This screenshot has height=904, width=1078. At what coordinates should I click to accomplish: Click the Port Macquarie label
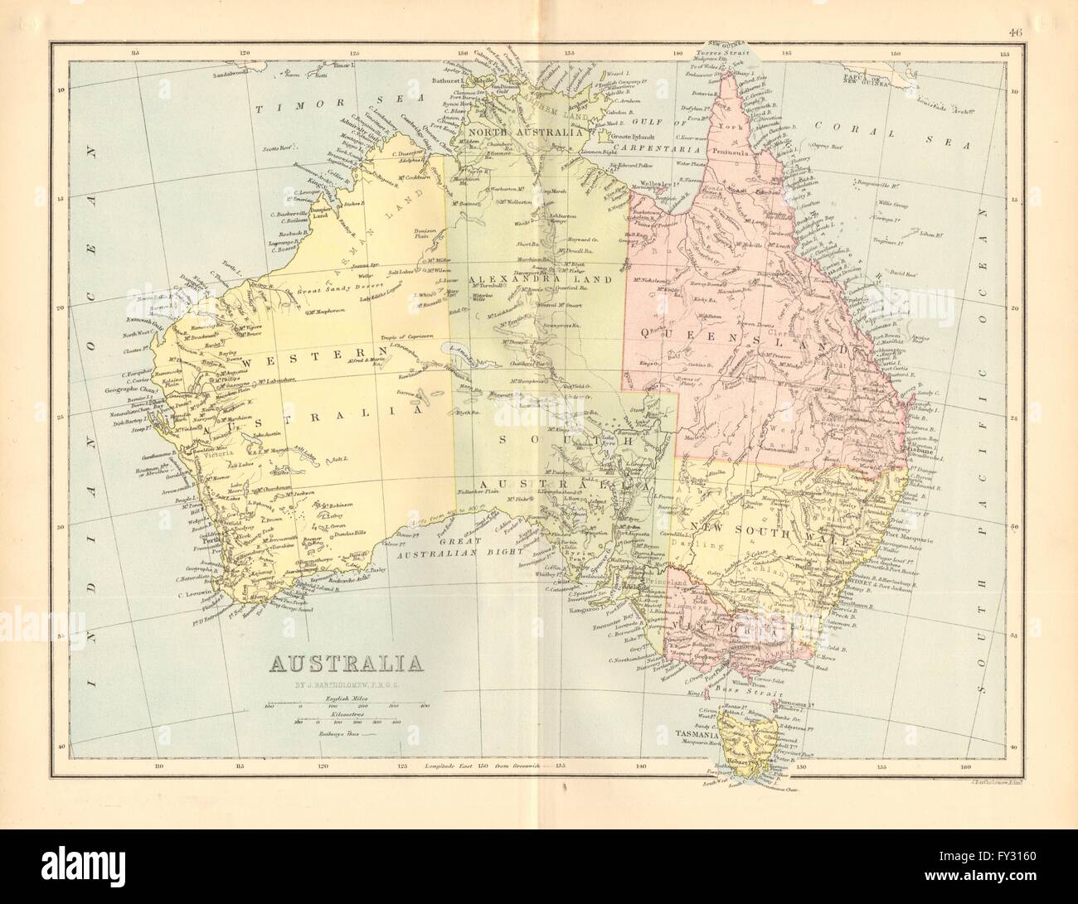tap(902, 539)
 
